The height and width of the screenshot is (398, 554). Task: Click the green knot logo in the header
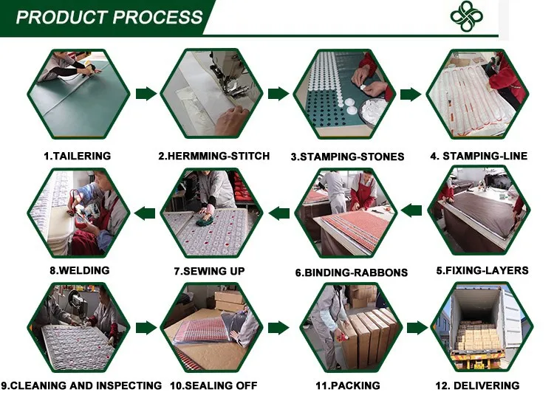click(x=466, y=16)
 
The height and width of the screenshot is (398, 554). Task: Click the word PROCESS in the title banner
click(x=158, y=17)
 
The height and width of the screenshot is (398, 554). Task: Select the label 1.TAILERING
click(x=78, y=156)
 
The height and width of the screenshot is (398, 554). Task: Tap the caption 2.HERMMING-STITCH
click(x=213, y=156)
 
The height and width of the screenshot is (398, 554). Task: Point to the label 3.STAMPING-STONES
click(x=347, y=157)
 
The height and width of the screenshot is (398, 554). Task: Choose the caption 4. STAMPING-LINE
click(x=479, y=156)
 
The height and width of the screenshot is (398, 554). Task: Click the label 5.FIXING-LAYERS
click(x=482, y=270)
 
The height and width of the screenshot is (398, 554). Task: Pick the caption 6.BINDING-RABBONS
click(x=352, y=272)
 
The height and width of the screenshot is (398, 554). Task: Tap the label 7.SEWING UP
click(x=209, y=271)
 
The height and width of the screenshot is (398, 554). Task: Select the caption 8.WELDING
click(x=80, y=270)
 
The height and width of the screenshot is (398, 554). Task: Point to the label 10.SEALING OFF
click(x=213, y=385)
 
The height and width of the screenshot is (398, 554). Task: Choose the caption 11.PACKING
click(x=348, y=385)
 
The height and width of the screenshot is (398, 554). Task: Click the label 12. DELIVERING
click(x=477, y=385)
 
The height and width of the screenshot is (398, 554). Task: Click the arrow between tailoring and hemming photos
click(x=146, y=94)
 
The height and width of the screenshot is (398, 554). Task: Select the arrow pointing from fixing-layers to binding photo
click(x=411, y=210)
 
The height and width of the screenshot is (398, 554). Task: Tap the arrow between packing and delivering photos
click(x=417, y=328)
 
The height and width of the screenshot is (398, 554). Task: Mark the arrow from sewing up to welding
click(x=145, y=213)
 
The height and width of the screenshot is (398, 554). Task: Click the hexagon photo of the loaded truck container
click(x=482, y=327)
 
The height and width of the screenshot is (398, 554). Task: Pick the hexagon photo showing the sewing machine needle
click(x=211, y=94)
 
